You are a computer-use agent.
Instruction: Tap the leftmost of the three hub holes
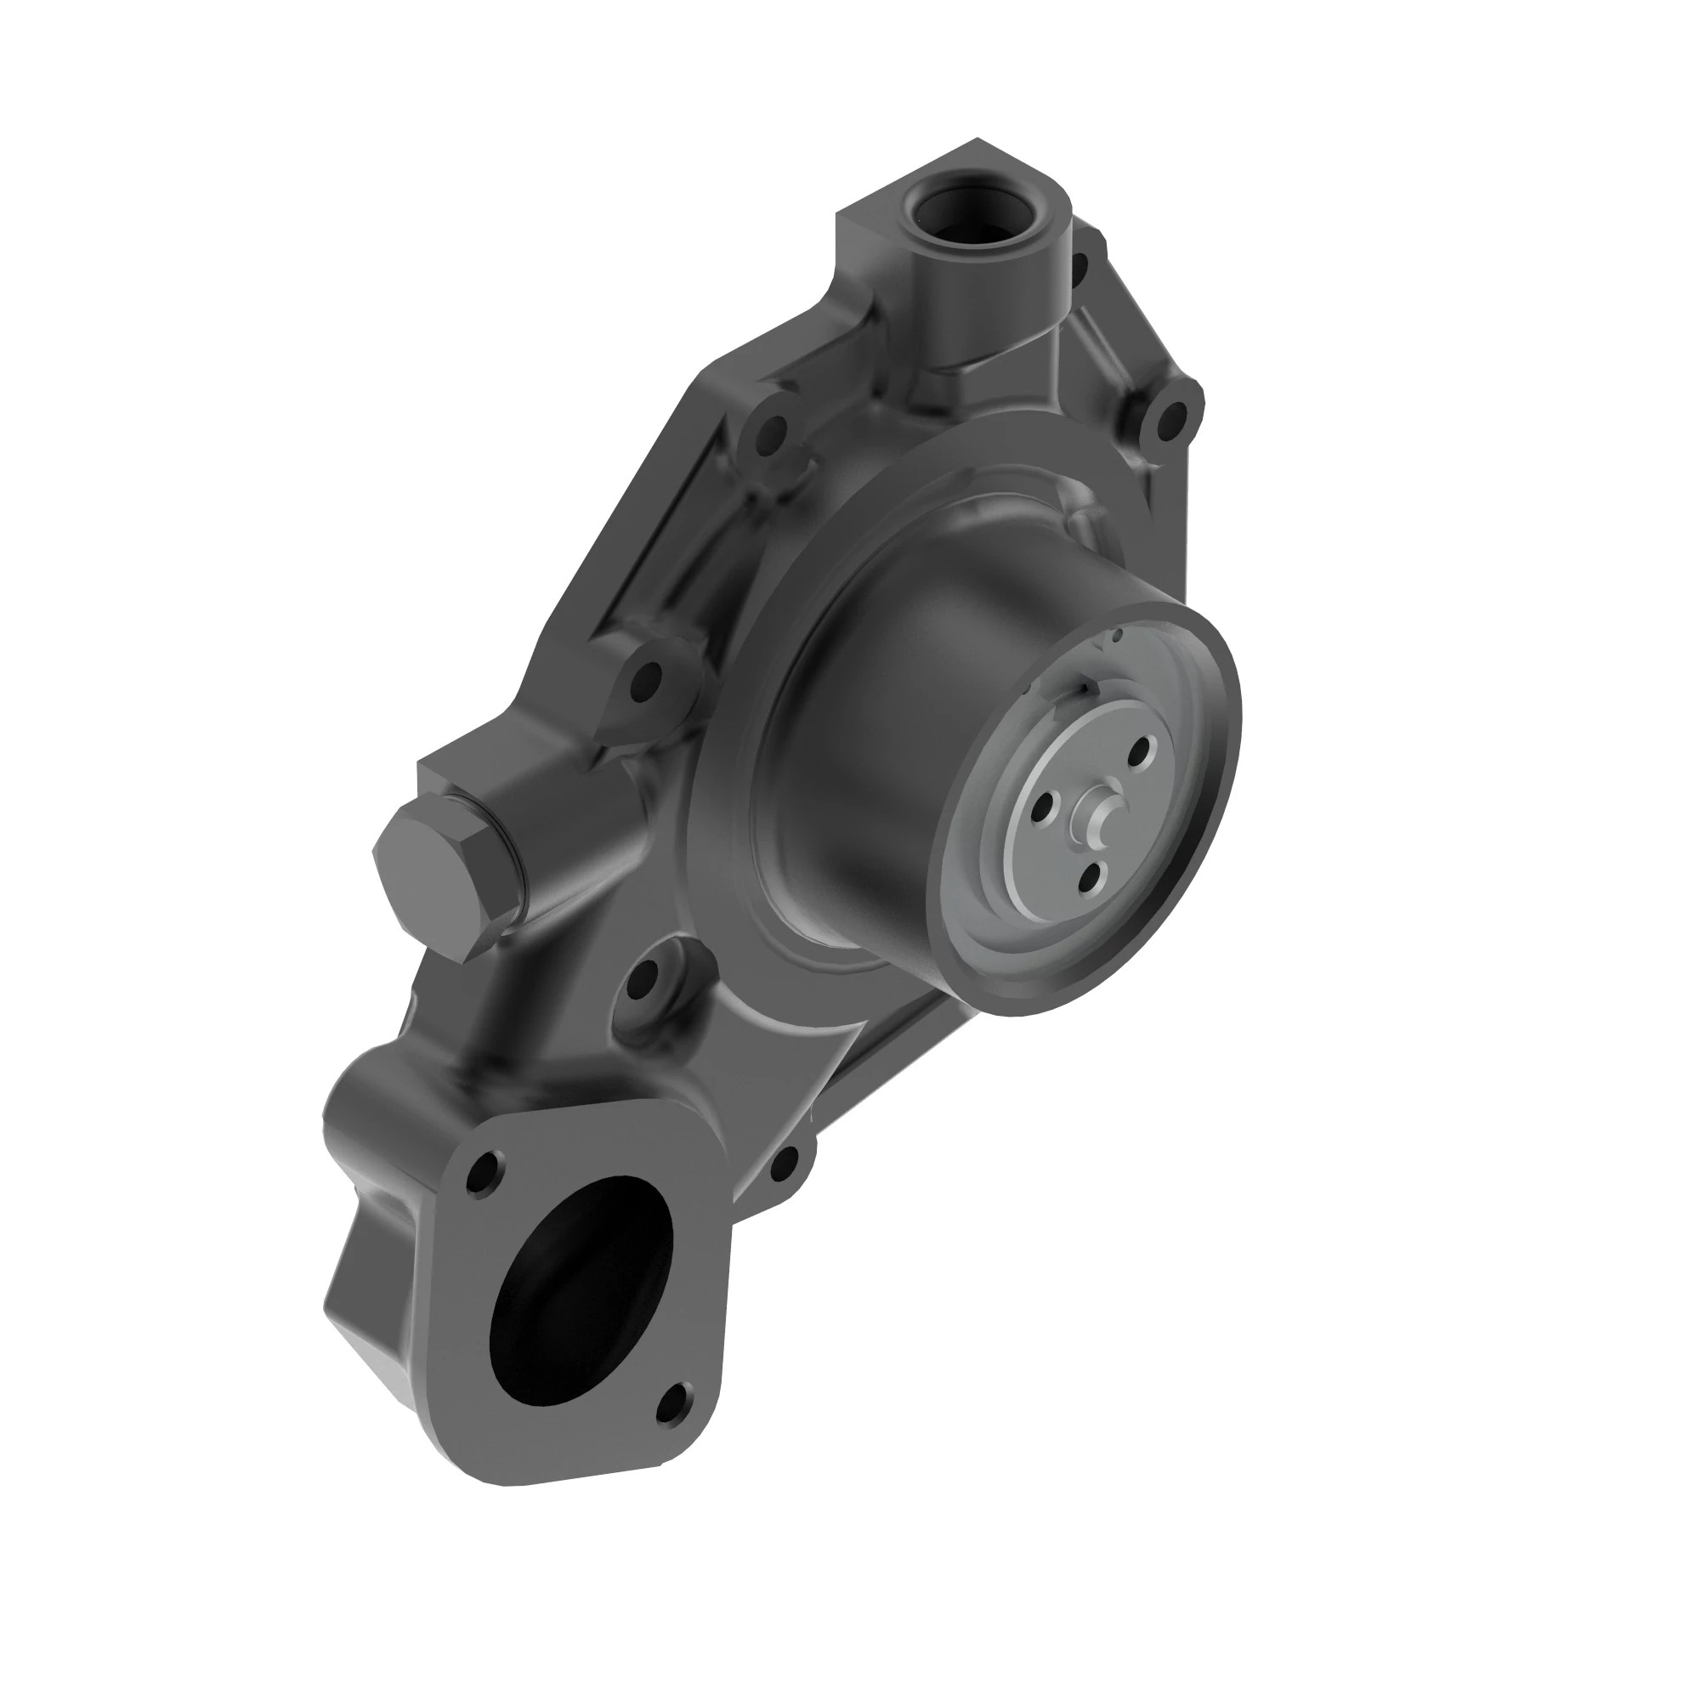(x=1045, y=803)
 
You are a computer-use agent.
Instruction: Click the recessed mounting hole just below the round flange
(x=644, y=975)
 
